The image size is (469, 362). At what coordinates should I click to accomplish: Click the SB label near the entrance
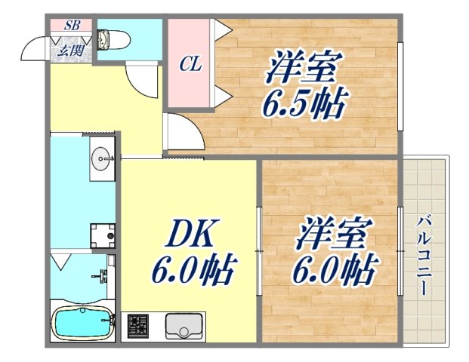[x=73, y=25]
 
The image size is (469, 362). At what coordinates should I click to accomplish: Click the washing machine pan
[x=102, y=235]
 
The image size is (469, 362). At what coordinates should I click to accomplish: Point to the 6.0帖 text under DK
[x=195, y=268]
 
